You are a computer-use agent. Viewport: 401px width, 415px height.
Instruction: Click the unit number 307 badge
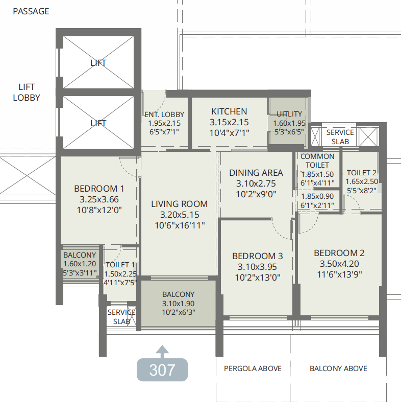162,370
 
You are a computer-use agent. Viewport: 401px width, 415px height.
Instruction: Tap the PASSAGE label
31,11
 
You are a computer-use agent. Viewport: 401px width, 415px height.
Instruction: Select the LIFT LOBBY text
27,93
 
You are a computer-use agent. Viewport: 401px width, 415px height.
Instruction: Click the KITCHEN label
229,111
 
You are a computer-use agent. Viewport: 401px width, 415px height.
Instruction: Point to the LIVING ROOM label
180,204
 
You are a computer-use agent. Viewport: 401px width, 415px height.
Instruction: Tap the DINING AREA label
256,173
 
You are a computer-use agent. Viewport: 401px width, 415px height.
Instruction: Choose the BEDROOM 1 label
99,189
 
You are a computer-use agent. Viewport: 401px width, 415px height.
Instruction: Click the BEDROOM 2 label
339,253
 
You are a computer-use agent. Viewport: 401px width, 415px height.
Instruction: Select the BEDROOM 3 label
258,256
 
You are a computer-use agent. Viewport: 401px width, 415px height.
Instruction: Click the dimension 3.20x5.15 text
180,215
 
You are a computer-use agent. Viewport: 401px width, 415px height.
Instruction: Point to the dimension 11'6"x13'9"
339,274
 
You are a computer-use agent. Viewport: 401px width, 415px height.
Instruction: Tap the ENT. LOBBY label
164,114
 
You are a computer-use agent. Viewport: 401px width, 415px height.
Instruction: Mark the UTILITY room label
289,114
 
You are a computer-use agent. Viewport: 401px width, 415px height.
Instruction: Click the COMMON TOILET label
317,160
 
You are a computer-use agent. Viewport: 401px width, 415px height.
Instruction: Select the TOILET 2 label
361,173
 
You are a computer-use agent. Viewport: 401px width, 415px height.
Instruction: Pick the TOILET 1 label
120,265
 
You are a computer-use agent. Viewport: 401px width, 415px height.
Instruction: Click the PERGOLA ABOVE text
253,368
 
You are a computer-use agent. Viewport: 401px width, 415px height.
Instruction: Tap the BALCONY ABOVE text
338,368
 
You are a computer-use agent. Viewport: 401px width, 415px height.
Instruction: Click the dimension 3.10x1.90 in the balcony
179,304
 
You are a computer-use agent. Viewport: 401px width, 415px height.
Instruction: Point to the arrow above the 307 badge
162,352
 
